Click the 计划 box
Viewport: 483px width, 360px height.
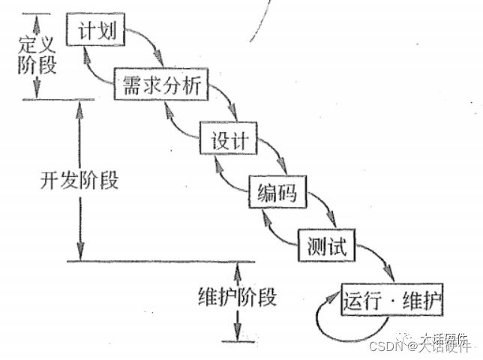94,31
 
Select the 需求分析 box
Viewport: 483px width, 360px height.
157,86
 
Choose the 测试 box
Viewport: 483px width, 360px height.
326,245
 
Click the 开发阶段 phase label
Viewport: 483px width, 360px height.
79,181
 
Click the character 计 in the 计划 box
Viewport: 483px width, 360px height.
85,31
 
